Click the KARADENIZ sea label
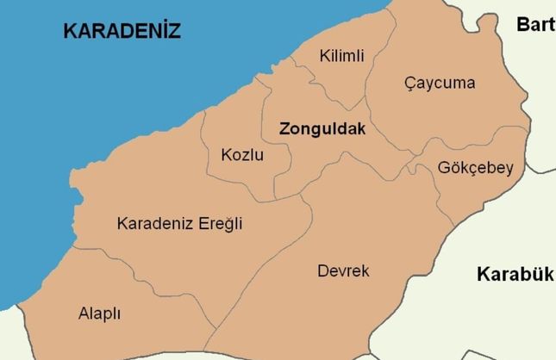tap(122, 32)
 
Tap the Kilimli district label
tap(341, 56)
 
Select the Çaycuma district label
tap(440, 83)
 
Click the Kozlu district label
tap(242, 156)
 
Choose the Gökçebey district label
tap(475, 168)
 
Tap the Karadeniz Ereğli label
tap(179, 224)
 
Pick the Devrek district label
tap(343, 271)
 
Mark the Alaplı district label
tap(99, 313)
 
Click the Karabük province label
tap(514, 275)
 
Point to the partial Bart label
tap(535, 24)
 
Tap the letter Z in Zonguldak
tap(284, 129)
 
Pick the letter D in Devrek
tap(322, 271)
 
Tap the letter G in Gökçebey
tap(444, 168)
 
